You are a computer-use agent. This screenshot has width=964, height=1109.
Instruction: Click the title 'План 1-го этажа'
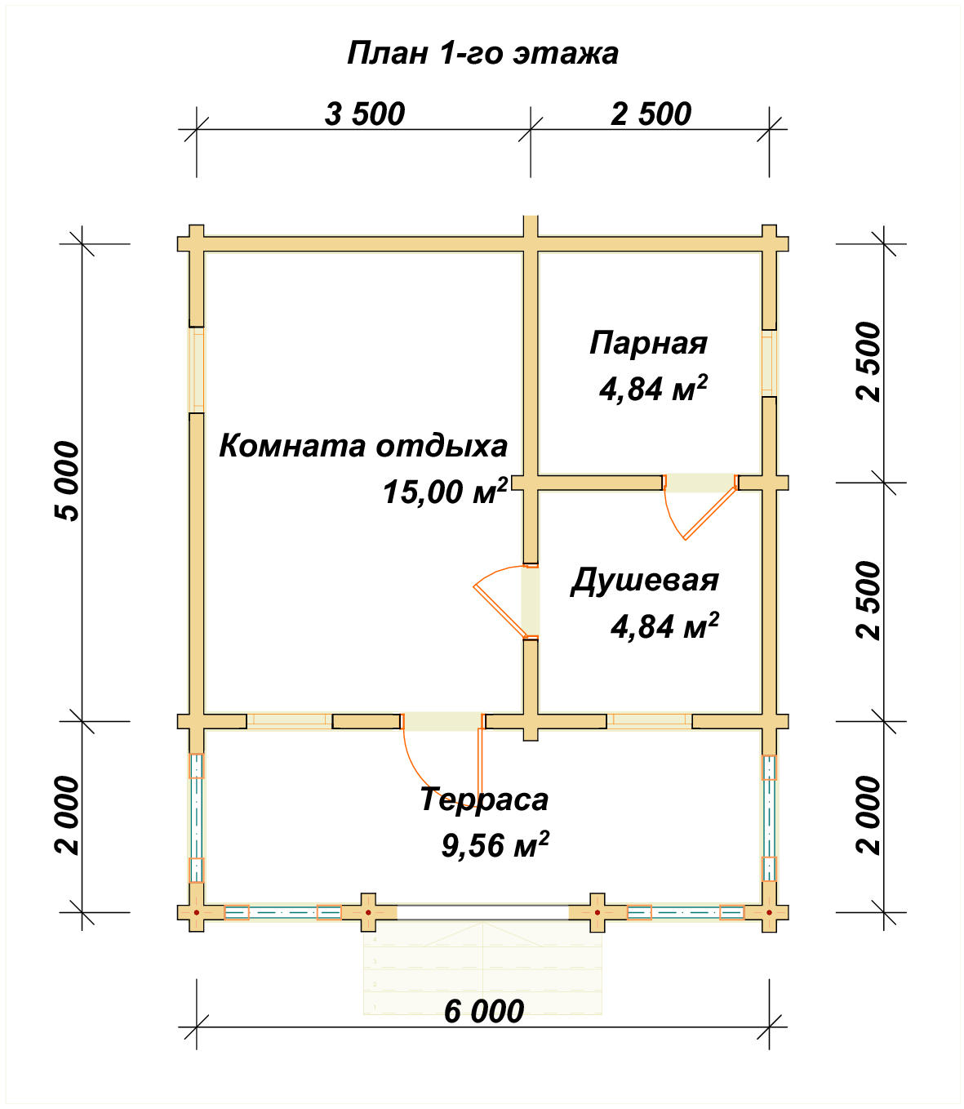[482, 53]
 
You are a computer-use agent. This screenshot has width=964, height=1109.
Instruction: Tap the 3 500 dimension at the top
[365, 114]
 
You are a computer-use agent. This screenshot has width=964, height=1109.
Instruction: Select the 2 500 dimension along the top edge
[651, 114]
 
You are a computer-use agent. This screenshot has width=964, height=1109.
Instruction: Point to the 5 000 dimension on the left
[68, 482]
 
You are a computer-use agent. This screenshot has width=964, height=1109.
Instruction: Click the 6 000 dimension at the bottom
[484, 1012]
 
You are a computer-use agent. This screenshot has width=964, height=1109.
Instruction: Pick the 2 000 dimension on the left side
[68, 815]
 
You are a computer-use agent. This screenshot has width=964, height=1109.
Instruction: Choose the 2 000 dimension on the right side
[870, 815]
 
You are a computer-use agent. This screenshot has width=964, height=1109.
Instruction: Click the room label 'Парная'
[648, 343]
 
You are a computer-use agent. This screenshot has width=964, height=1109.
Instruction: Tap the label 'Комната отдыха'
[363, 446]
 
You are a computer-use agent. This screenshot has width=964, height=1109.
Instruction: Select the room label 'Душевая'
[644, 580]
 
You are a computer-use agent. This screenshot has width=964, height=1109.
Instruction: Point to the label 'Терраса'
[484, 799]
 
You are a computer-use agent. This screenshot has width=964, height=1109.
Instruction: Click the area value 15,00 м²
[445, 492]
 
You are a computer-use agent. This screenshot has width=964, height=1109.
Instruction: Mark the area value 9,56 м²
[495, 844]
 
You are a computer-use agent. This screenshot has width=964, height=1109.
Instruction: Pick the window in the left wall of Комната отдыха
[196, 370]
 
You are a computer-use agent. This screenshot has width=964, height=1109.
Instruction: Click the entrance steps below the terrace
[482, 968]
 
